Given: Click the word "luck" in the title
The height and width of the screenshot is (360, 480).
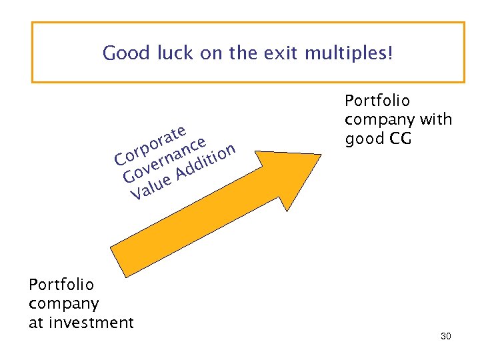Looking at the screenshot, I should pyautogui.click(x=175, y=53).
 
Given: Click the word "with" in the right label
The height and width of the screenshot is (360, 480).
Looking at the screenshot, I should pyautogui.click(x=437, y=120).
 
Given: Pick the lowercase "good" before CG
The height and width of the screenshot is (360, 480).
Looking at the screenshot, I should pyautogui.click(x=363, y=139).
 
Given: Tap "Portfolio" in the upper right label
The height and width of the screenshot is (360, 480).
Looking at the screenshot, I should pyautogui.click(x=377, y=101).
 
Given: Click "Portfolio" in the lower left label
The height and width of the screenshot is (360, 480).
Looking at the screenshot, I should pyautogui.click(x=61, y=285).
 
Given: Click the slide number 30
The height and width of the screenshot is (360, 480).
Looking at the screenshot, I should pyautogui.click(x=446, y=337).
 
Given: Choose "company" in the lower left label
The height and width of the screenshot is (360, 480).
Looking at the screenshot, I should pyautogui.click(x=64, y=304).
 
